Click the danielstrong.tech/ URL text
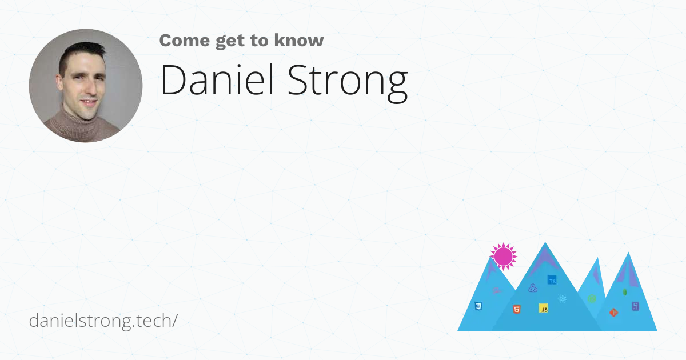[x=103, y=321]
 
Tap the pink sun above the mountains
[x=503, y=256]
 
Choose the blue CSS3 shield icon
[x=478, y=307]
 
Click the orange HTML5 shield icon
[x=516, y=310]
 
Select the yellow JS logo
[x=544, y=309]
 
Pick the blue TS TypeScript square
[x=552, y=280]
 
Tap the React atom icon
[x=563, y=298]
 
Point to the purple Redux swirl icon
[x=533, y=288]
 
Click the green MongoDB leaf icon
[x=625, y=292]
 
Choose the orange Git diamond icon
[x=613, y=312]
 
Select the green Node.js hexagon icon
[x=592, y=299]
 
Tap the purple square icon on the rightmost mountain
[x=635, y=307]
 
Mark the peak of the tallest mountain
[x=545, y=243]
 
